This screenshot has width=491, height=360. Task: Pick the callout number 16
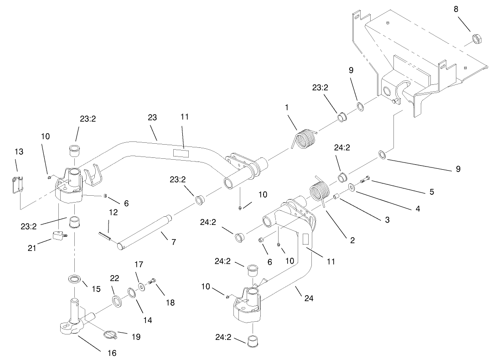(112, 353)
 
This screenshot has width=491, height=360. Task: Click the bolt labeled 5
(364, 180)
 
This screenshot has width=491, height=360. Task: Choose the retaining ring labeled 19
(111, 334)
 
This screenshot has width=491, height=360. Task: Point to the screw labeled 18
(154, 287)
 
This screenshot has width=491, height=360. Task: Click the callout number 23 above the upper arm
(152, 118)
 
